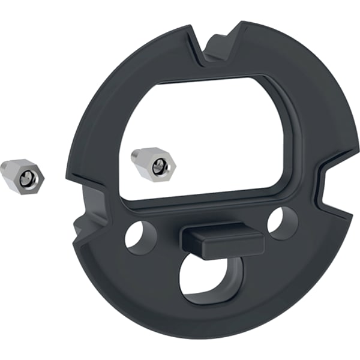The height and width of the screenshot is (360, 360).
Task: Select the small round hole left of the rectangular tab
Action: [139, 233]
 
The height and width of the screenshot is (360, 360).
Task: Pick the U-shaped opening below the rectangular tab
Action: [206, 278]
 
